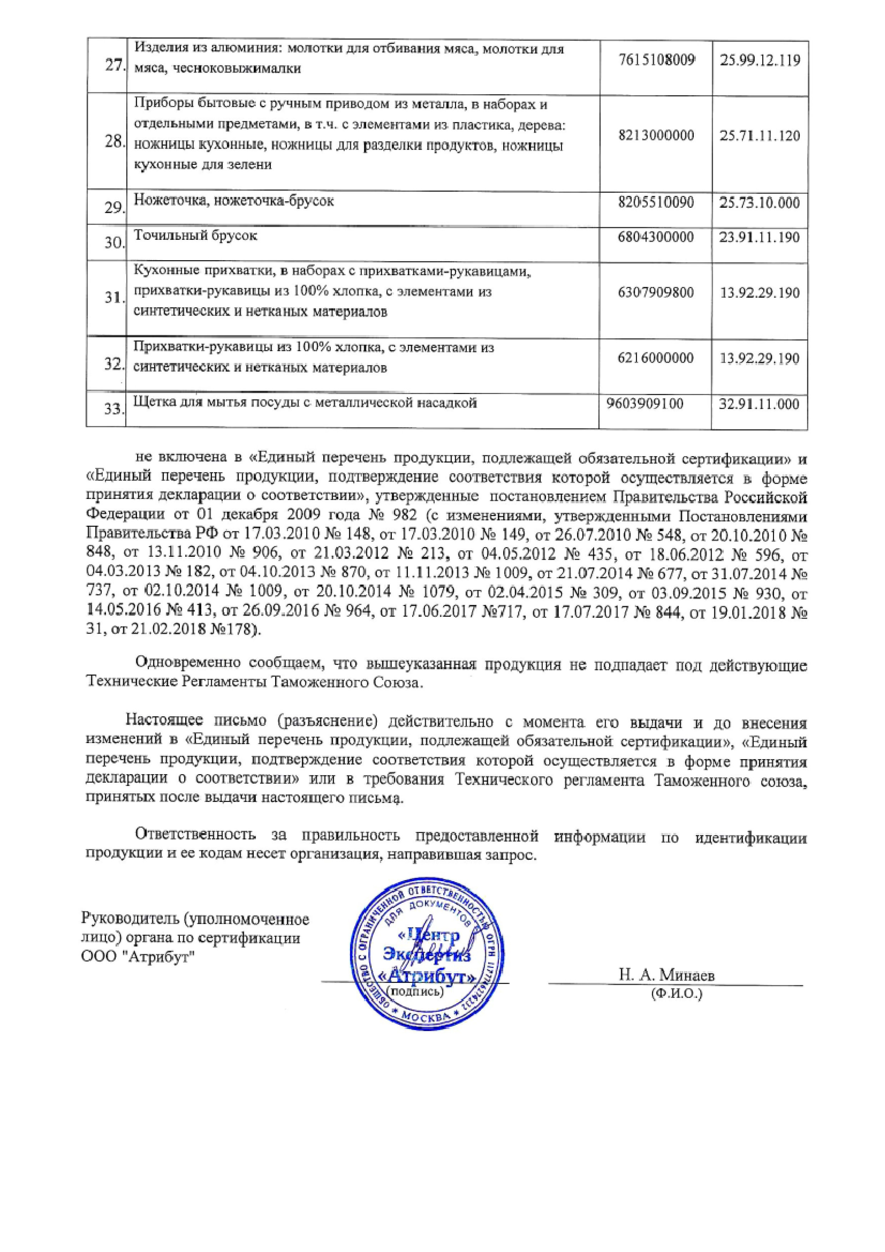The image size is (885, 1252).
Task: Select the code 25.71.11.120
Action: (760, 135)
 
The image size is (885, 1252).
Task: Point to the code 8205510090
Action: (656, 203)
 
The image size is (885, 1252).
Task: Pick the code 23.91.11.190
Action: (760, 237)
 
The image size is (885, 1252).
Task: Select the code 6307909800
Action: (656, 293)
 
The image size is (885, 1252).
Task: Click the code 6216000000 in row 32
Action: (656, 358)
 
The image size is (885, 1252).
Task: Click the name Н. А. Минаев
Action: (666, 975)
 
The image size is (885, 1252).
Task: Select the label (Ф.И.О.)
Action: (676, 994)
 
